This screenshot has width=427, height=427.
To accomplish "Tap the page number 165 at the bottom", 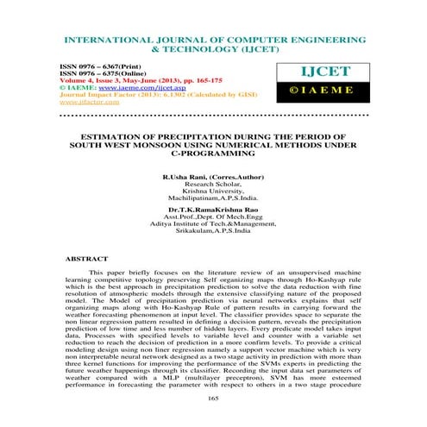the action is coord(213,398).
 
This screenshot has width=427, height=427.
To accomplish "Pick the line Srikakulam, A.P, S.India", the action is coord(214,230).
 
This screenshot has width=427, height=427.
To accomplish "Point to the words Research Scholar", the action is coord(213,183).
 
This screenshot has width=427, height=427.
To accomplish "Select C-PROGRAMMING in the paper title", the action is coord(213,153).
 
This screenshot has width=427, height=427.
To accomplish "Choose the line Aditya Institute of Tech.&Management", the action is coord(214,223).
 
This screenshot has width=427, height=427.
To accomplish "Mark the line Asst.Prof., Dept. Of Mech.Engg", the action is coord(214,216).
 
